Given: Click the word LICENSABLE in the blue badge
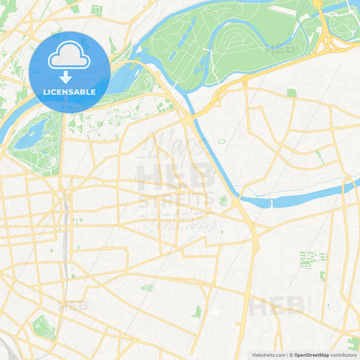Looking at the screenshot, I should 70,91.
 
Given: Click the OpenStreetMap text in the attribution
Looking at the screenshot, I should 311,355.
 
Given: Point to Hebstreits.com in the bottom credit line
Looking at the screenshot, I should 269,355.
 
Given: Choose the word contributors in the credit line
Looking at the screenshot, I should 343,355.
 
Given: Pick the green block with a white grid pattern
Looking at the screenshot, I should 313,259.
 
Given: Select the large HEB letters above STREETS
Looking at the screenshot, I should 176,178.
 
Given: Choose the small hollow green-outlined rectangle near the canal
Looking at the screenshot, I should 221,141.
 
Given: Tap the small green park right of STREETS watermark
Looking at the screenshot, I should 223,200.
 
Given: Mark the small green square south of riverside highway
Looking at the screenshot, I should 292,93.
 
